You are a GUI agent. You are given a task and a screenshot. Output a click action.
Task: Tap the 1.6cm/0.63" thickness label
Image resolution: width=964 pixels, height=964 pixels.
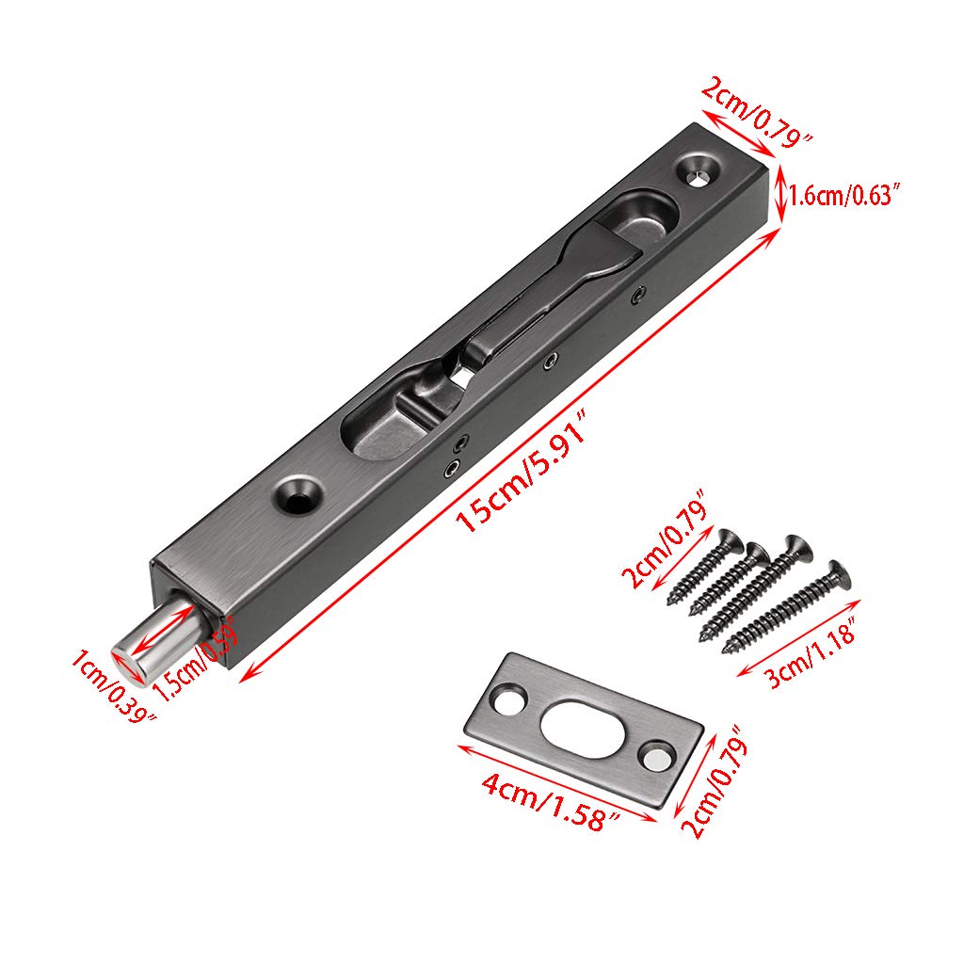click(845, 196)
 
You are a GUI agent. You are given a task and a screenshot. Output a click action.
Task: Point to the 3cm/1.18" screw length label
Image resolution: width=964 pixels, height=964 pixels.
click(811, 653)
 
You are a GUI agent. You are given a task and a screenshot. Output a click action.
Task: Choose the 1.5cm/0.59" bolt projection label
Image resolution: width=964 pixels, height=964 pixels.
click(196, 658)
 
